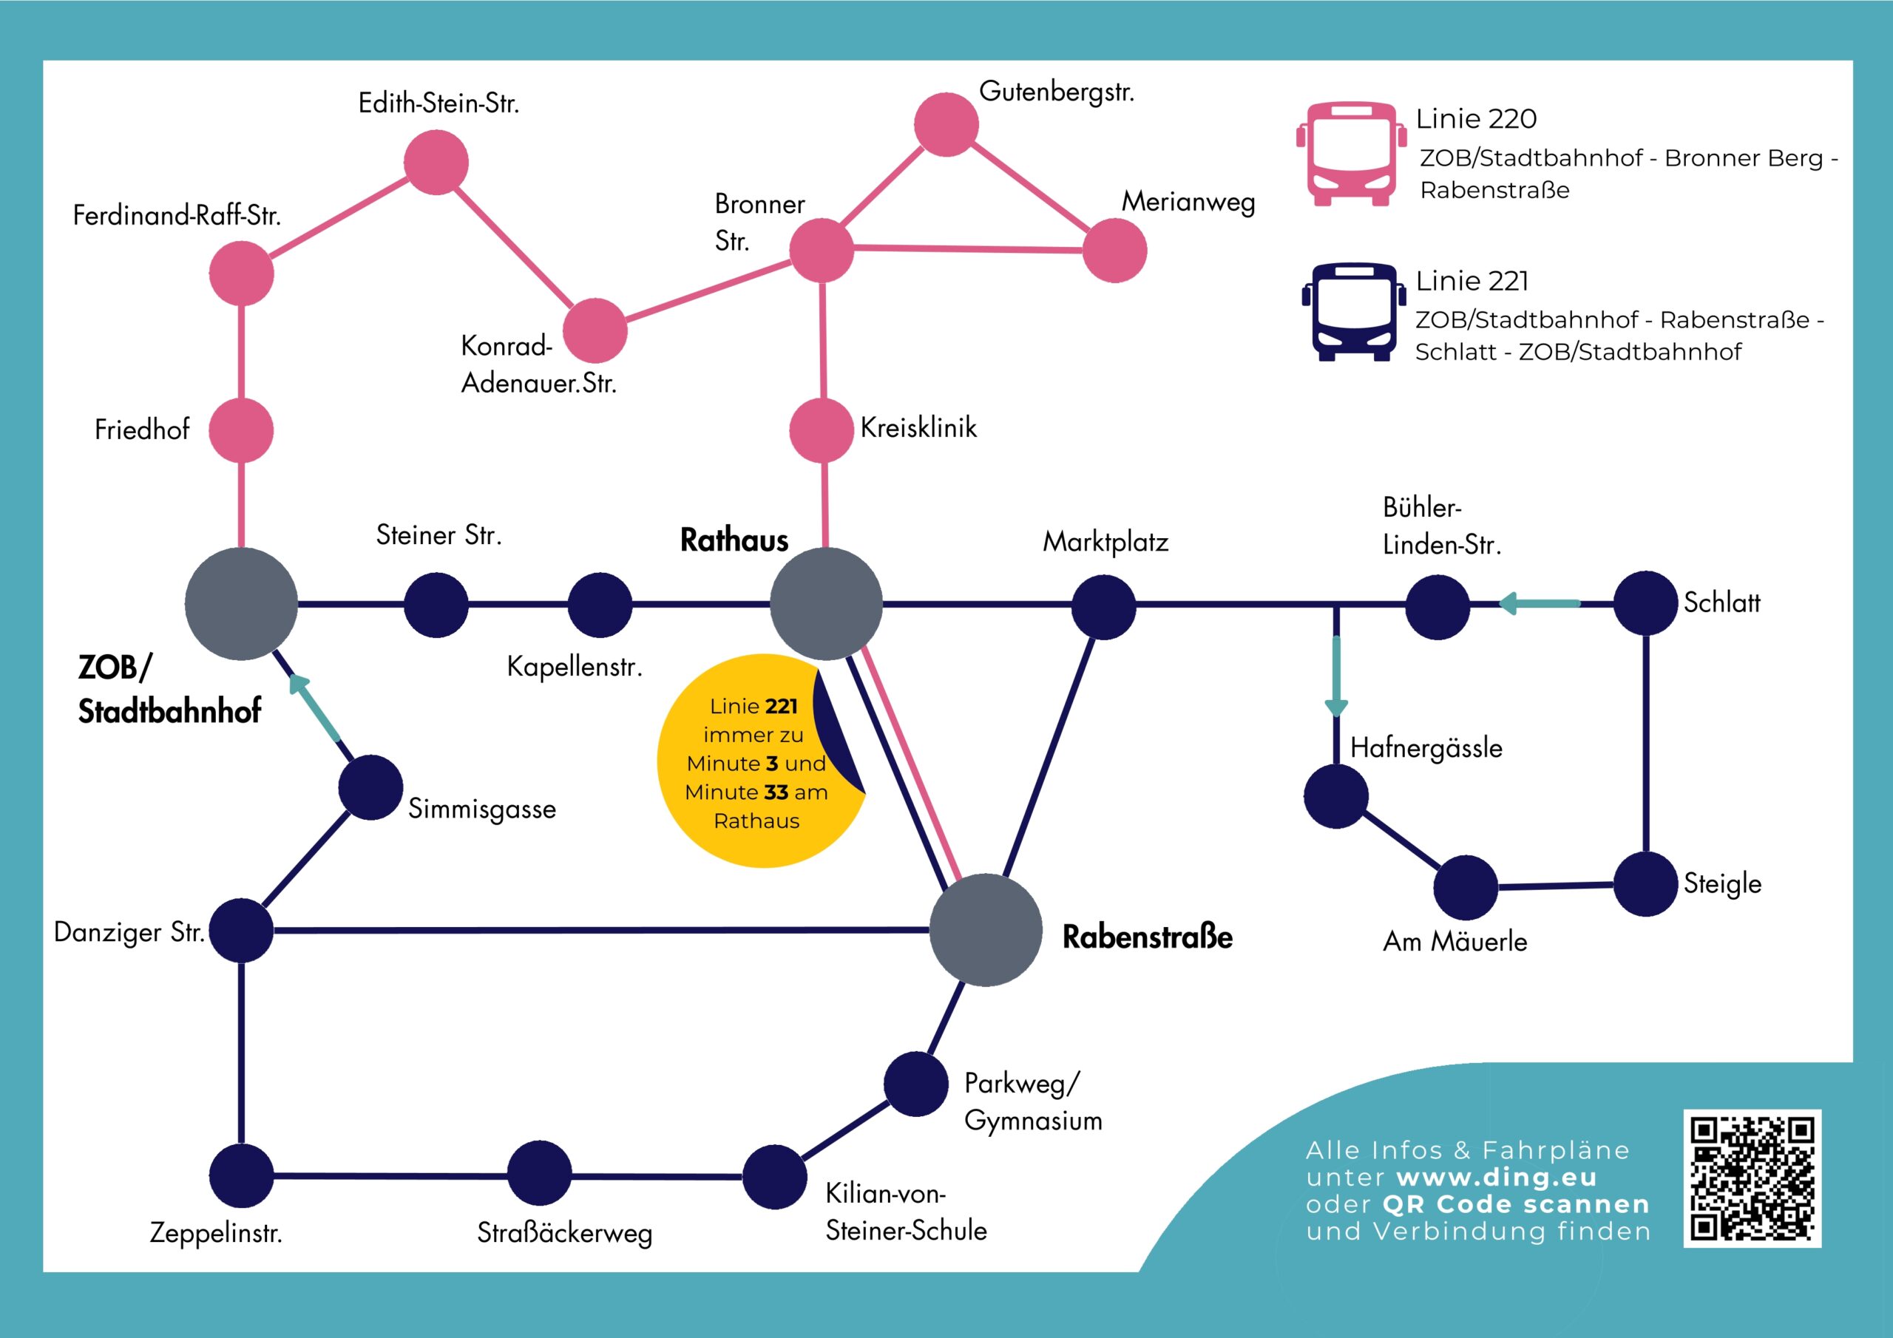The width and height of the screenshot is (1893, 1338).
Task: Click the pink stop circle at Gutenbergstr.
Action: pos(946,124)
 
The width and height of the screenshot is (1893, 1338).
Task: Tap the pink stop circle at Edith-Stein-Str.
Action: pos(436,163)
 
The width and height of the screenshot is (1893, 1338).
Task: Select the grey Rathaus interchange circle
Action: pos(825,603)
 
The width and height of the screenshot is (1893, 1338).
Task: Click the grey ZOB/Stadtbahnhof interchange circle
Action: pos(241,603)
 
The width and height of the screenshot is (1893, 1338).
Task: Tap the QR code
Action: pos(1751,1178)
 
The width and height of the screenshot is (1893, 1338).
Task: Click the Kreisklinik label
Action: pos(918,428)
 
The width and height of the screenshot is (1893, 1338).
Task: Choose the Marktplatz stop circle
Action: pos(1103,607)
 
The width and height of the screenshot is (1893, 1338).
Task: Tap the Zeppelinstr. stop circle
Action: pos(241,1175)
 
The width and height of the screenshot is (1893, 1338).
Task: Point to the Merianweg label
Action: pos(1188,202)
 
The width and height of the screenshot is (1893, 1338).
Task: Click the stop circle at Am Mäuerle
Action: pos(1465,887)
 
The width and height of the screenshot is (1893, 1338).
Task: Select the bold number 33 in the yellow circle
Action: pos(776,792)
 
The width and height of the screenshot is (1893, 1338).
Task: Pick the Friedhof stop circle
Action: pos(241,430)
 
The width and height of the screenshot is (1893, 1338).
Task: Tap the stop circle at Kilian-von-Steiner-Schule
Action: pos(774,1176)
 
